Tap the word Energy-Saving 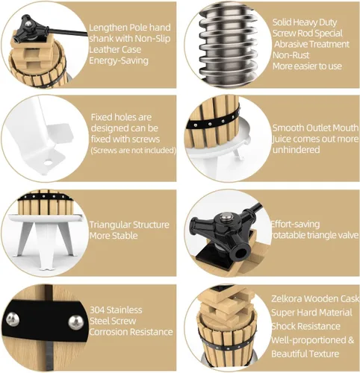pyautogui.click(x=119, y=61)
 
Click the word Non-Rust pyautogui.click(x=291, y=55)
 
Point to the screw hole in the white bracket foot pyautogui.click(x=49, y=163)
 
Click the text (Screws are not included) pyautogui.click(x=133, y=151)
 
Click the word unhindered pyautogui.click(x=297, y=150)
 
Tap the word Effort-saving pyautogui.click(x=295, y=225)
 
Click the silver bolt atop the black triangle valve pyautogui.click(x=226, y=217)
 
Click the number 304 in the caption pyautogui.click(x=97, y=310)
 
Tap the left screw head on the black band pyautogui.click(x=13, y=319)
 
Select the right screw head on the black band pyautogui.click(x=76, y=322)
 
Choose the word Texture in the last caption pyautogui.click(x=323, y=354)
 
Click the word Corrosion pyautogui.click(x=108, y=332)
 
